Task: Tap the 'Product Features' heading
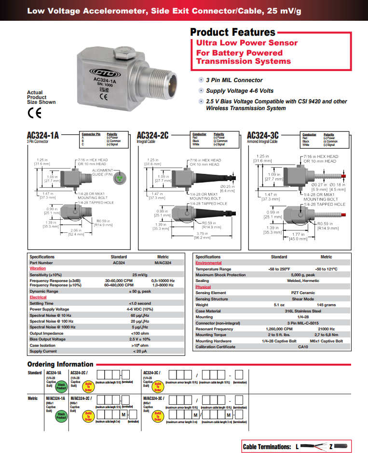tap(232, 32)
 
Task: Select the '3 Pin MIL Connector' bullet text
tap(234, 80)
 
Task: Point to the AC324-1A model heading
tap(43, 135)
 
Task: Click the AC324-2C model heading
tap(152, 135)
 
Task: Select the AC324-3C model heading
tap(262, 135)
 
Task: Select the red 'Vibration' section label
tap(38, 269)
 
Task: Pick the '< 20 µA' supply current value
tap(139, 351)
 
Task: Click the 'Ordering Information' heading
tap(60, 364)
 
